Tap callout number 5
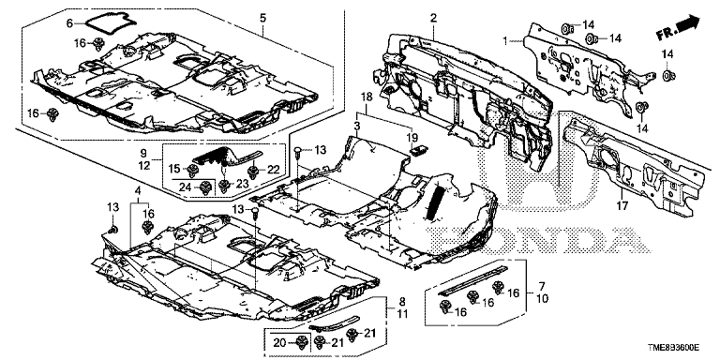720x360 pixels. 262,19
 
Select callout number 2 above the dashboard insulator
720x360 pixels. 433,19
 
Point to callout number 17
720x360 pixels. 622,206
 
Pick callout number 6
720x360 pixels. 70,22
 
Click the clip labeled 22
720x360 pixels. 252,172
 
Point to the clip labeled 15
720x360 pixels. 193,171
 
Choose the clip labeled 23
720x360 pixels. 224,185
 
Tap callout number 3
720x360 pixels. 357,125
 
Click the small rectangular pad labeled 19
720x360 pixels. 417,151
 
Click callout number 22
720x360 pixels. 273,170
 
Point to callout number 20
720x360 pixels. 278,342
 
